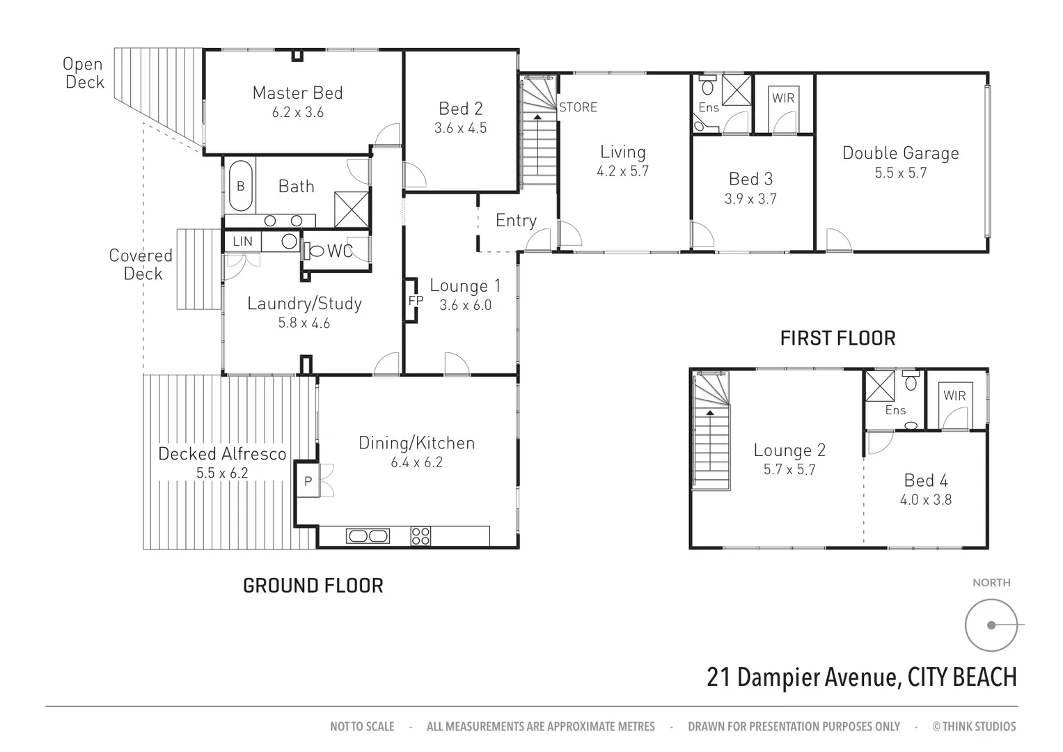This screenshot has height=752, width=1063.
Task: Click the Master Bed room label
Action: coord(297,93)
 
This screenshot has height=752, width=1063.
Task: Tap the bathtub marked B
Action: coord(240,186)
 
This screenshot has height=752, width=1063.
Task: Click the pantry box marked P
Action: coord(307,480)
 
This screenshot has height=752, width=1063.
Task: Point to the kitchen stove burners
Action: coord(420,535)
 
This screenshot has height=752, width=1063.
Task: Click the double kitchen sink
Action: coord(368,535)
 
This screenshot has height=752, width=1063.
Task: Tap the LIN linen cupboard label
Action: coord(242,242)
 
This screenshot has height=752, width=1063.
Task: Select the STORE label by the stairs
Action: coord(578,107)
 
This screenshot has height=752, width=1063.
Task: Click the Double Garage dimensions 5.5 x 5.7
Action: coord(900,173)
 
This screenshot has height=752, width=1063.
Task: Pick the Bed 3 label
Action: coord(750,179)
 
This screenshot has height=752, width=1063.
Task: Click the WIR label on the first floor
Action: coord(954,395)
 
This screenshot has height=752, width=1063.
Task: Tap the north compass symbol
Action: coord(991,625)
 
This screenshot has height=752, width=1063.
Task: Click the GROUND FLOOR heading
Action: coord(313,586)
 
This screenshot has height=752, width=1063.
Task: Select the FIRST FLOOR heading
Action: coord(837,338)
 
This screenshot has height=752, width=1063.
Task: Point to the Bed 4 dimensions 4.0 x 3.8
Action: coord(925,499)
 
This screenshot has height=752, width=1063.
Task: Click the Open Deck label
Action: coord(84,72)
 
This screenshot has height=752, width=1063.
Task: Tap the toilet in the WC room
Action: coord(315,251)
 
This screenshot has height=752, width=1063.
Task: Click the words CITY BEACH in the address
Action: coord(962,677)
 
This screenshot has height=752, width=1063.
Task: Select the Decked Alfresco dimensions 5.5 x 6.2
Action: coord(222,473)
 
